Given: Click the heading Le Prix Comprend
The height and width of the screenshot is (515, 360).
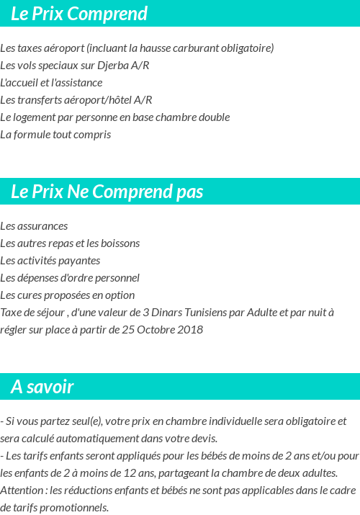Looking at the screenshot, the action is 79,14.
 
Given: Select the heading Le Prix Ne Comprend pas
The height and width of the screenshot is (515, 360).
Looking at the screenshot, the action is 107,192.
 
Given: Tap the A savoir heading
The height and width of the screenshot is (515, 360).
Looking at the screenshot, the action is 42,387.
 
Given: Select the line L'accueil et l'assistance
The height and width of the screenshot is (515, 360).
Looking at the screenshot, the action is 51,83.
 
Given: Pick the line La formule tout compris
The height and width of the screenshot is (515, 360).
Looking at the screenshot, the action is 55,135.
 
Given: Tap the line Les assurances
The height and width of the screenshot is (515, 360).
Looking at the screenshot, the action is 34,226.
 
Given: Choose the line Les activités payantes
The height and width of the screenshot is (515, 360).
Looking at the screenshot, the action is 50,261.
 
